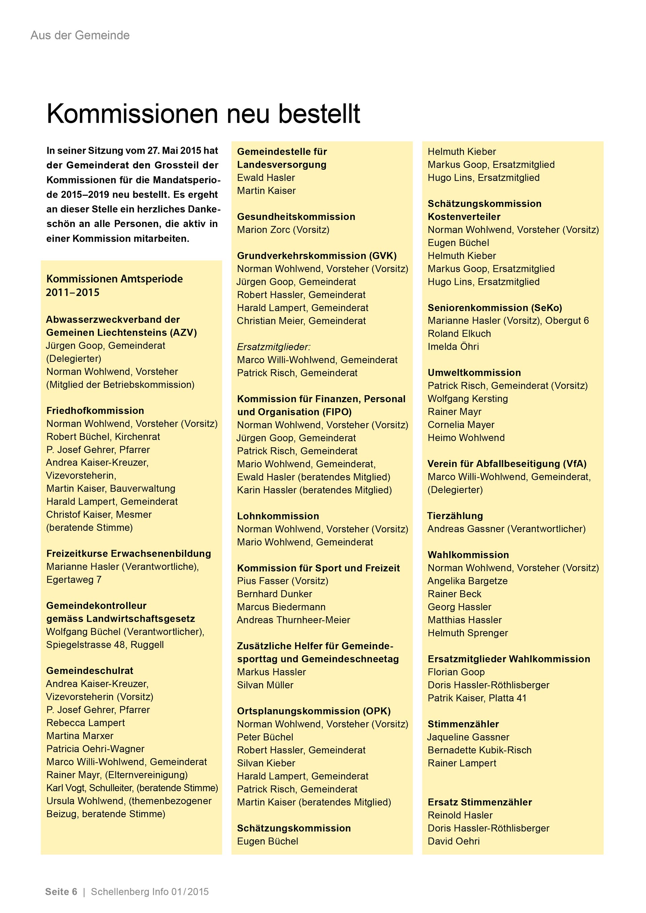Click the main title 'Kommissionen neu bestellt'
pyautogui.click(x=203, y=114)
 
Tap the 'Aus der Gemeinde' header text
pyautogui.click(x=80, y=35)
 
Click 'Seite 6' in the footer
pyautogui.click(x=61, y=891)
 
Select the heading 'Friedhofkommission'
pyautogui.click(x=95, y=411)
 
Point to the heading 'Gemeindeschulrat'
pyautogui.click(x=89, y=671)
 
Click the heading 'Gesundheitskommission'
pyautogui.click(x=296, y=217)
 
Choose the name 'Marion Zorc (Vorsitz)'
pyautogui.click(x=283, y=230)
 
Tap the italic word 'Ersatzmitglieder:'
pyautogui.click(x=273, y=347)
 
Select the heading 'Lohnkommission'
pyautogui.click(x=278, y=516)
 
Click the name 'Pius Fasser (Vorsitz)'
pyautogui.click(x=282, y=581)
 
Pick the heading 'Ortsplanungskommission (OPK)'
pyautogui.click(x=314, y=711)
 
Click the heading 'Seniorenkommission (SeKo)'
pyautogui.click(x=495, y=308)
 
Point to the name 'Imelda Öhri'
pyautogui.click(x=453, y=347)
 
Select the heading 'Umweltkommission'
pyautogui.click(x=474, y=373)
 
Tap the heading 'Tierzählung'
pyautogui.click(x=455, y=516)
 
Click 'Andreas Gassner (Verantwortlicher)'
pyautogui.click(x=506, y=529)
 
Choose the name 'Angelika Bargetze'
pyautogui.click(x=467, y=581)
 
